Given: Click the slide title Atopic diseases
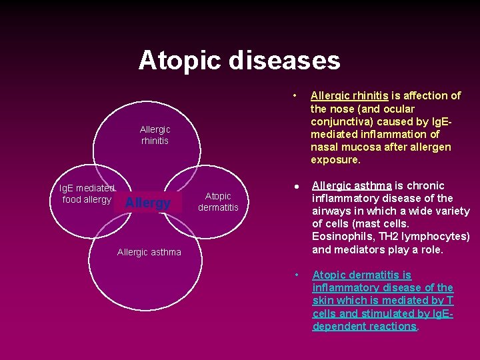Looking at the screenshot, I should click(x=239, y=61).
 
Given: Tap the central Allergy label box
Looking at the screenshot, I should click(x=148, y=203).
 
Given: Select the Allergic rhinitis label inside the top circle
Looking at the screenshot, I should click(x=155, y=135).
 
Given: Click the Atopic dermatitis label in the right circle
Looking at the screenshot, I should click(x=218, y=201).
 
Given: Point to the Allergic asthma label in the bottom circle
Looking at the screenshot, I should click(x=149, y=252).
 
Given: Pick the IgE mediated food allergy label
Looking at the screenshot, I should click(x=87, y=194).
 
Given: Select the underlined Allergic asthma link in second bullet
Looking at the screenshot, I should click(x=352, y=185).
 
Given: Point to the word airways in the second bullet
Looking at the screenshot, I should click(x=333, y=211).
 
